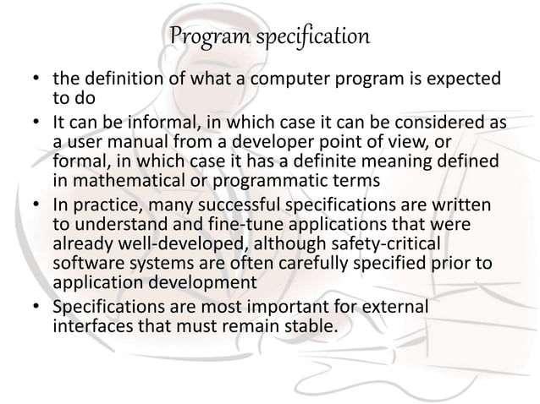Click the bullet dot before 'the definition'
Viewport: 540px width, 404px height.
[37, 81]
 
